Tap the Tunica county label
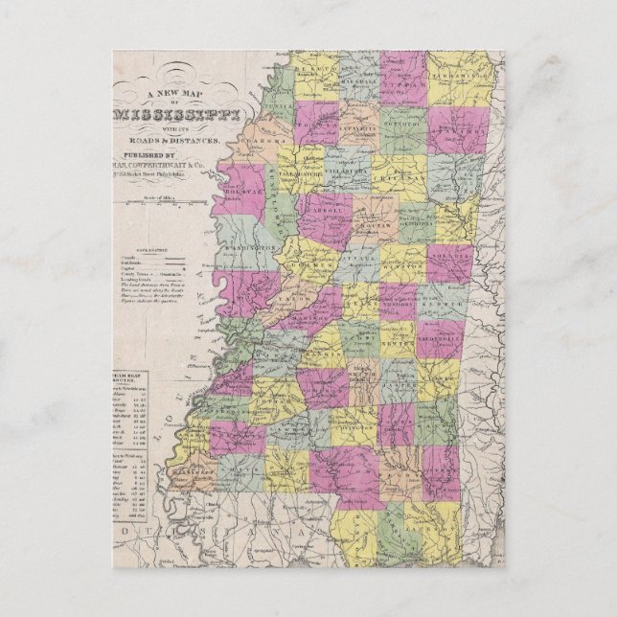(283, 100)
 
